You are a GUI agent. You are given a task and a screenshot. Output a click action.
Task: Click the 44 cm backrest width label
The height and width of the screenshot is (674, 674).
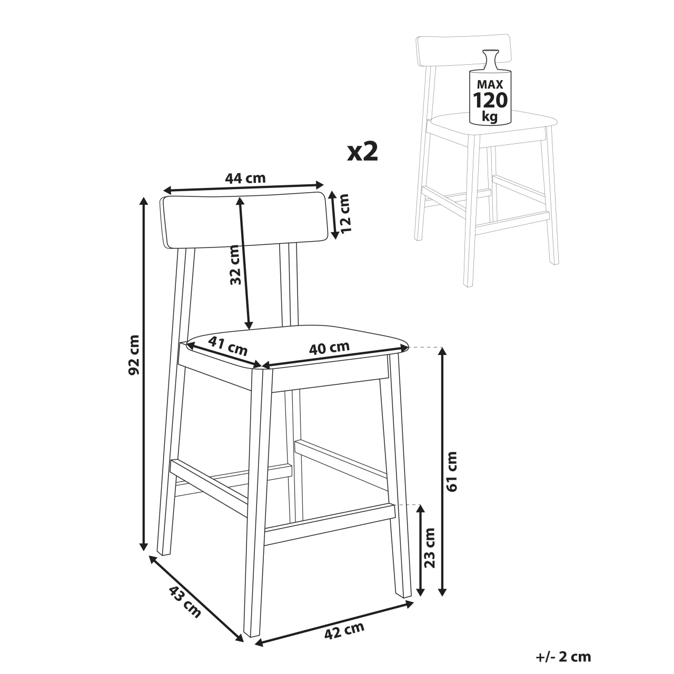(245, 178)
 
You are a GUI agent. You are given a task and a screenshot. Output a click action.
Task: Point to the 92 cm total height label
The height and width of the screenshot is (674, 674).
(134, 355)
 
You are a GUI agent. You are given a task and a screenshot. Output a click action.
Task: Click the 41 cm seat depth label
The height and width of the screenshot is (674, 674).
(227, 345)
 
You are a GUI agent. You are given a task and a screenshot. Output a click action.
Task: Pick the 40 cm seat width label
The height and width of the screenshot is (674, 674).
(329, 348)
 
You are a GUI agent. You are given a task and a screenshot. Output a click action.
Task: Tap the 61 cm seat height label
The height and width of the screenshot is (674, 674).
(452, 472)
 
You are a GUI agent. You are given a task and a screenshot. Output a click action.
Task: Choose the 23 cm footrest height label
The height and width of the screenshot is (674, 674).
(429, 558)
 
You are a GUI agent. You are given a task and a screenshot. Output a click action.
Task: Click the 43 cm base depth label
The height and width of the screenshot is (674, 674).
(185, 602)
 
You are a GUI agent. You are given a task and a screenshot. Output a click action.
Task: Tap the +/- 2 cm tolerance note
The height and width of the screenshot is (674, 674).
(563, 657)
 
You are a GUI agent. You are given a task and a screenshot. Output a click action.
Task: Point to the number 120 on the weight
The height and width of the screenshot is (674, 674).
(490, 101)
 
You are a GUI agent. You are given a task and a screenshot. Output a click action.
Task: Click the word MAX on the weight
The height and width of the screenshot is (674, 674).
(490, 84)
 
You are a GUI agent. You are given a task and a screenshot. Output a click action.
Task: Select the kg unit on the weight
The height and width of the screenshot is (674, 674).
(489, 116)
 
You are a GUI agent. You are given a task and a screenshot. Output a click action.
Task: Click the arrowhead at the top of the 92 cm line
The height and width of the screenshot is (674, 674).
(143, 202)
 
